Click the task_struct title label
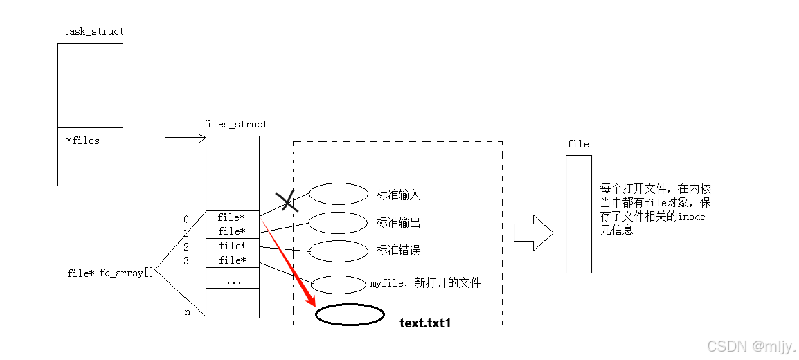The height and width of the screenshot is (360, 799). pyautogui.click(x=94, y=31)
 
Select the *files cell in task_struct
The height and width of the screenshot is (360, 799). pyautogui.click(x=90, y=141)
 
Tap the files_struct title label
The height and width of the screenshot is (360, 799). pyautogui.click(x=234, y=124)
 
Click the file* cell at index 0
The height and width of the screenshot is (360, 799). pyautogui.click(x=232, y=217)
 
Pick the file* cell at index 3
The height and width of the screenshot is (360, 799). pyautogui.click(x=233, y=260)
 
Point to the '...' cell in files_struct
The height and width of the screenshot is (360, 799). pyautogui.click(x=233, y=281)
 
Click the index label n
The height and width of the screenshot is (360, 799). pyautogui.click(x=187, y=312)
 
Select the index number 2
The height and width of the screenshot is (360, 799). pyautogui.click(x=186, y=246)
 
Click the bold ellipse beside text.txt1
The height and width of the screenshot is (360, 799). pyautogui.click(x=350, y=315)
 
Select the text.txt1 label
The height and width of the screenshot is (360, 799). pyautogui.click(x=425, y=323)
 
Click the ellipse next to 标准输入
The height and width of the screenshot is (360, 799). pyautogui.click(x=338, y=194)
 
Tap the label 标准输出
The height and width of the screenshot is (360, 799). pyautogui.click(x=398, y=223)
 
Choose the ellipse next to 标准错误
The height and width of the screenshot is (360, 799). pyautogui.click(x=338, y=251)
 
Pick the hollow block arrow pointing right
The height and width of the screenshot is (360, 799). pyautogui.click(x=533, y=232)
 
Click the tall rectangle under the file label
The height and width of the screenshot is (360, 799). pyautogui.click(x=578, y=214)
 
